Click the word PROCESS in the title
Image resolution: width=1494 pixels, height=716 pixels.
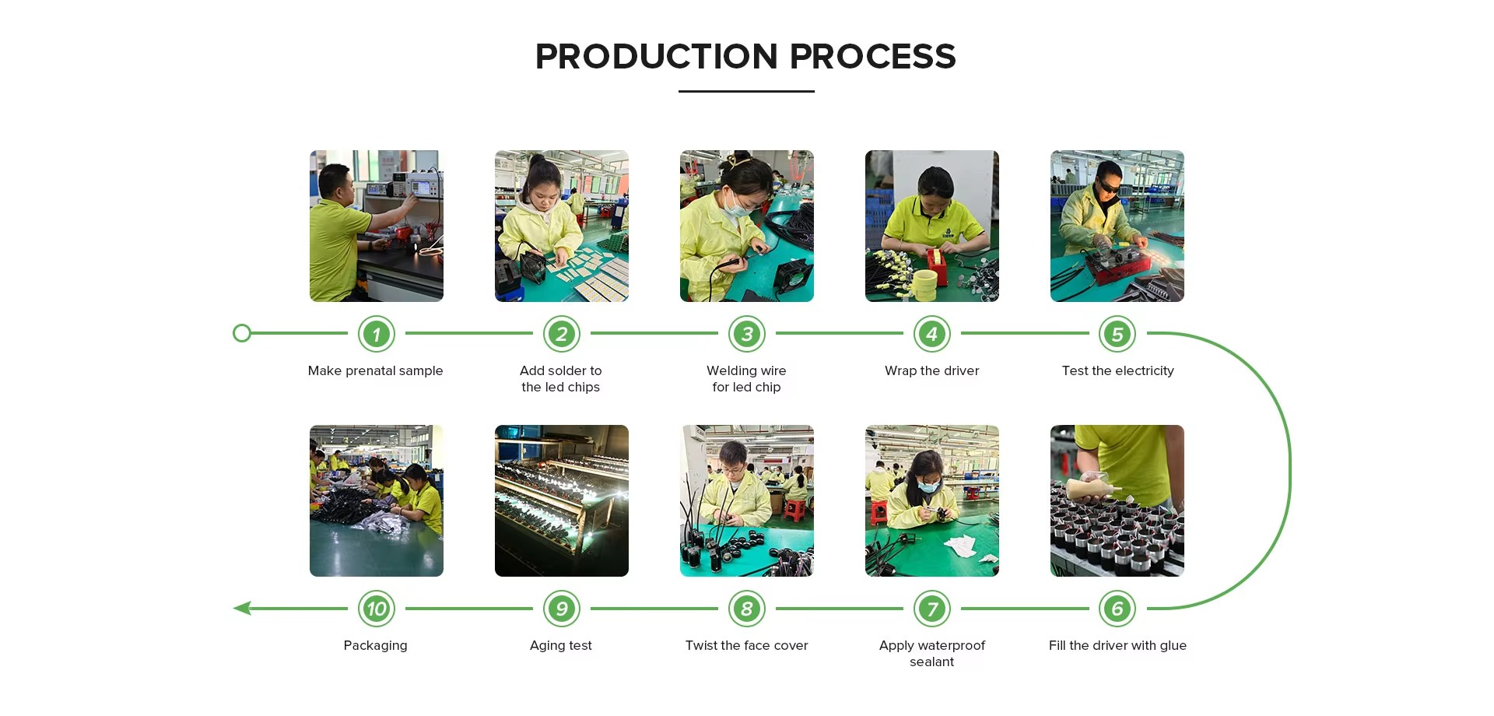pyautogui.click(x=872, y=56)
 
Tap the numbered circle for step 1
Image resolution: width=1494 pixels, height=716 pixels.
pyautogui.click(x=377, y=334)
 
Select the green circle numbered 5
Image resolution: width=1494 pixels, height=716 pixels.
pyautogui.click(x=1117, y=334)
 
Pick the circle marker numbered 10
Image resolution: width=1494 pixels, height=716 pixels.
pyautogui.click(x=377, y=609)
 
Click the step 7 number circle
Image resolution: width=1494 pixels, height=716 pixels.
pyautogui.click(x=932, y=609)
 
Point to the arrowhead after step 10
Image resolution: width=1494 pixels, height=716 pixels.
pyautogui.click(x=242, y=608)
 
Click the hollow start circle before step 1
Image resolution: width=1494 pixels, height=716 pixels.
pyautogui.click(x=242, y=333)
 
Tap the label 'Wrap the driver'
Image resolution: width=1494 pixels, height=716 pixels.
pyautogui.click(x=932, y=370)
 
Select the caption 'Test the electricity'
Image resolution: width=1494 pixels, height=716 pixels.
pyautogui.click(x=1117, y=370)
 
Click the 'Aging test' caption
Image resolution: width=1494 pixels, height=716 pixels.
pyautogui.click(x=561, y=646)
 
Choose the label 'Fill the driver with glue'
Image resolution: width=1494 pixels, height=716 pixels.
pyautogui.click(x=1117, y=646)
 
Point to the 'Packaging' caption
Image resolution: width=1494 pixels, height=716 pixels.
pyautogui.click(x=376, y=646)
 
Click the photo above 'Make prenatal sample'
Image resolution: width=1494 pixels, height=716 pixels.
pyautogui.click(x=377, y=226)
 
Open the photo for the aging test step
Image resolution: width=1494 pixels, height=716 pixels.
pyautogui.click(x=562, y=500)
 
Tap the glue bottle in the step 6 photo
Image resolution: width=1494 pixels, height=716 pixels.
pyautogui.click(x=1092, y=488)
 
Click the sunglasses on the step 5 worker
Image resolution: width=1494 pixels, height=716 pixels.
pyautogui.click(x=1108, y=188)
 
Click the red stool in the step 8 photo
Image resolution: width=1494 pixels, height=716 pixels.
pyautogui.click(x=794, y=511)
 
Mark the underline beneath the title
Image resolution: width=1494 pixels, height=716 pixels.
pyautogui.click(x=746, y=91)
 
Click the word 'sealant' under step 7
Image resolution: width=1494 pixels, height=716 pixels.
pyautogui.click(x=932, y=662)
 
